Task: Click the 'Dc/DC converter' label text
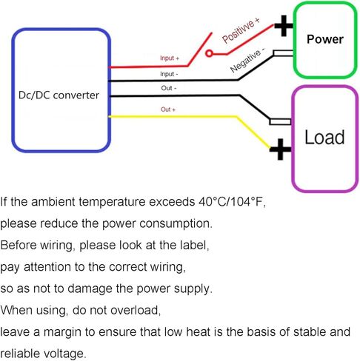(59, 95)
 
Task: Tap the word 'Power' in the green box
(325, 39)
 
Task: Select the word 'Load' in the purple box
(324, 137)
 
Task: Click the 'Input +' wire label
(170, 58)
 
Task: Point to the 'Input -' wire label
(169, 74)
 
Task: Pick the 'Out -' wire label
(169, 88)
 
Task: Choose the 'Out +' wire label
(168, 109)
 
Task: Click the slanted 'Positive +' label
(241, 30)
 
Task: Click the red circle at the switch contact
(209, 53)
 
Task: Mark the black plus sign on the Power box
(284, 26)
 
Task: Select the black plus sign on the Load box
(280, 149)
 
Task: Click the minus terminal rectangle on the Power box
(283, 53)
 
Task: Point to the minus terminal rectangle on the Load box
(280, 122)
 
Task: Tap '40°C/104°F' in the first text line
(232, 202)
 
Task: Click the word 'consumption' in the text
(176, 223)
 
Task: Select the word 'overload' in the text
(136, 310)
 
